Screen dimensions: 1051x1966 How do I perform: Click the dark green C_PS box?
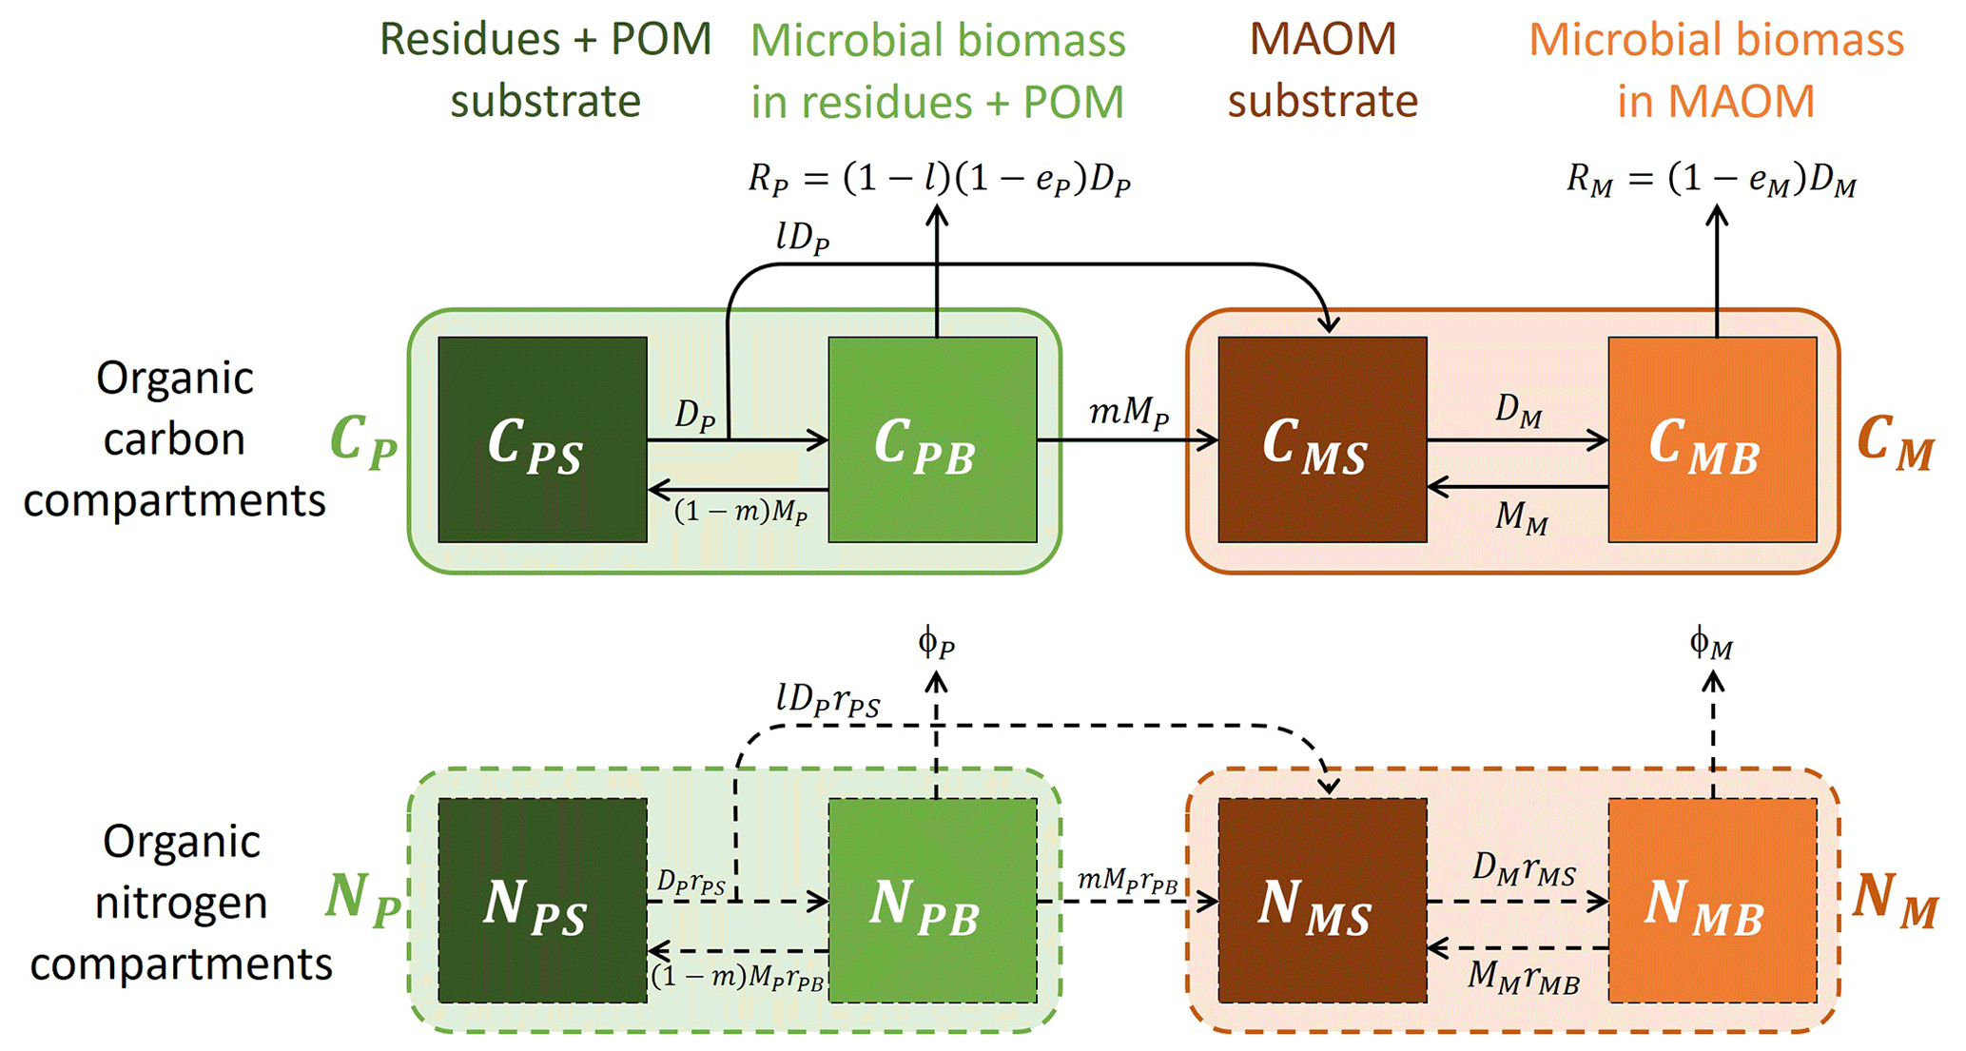[542, 439]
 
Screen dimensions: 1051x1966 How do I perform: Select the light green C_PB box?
[932, 439]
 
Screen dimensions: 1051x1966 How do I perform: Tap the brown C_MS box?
[1322, 439]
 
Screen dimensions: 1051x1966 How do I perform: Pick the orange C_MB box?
[1712, 439]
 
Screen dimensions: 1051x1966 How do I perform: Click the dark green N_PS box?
[542, 900]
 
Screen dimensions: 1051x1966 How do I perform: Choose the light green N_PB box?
[932, 900]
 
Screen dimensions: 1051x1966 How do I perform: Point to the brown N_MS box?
[1322, 900]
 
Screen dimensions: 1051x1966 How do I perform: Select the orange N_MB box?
[1712, 900]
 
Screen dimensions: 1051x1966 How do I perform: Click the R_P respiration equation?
[939, 179]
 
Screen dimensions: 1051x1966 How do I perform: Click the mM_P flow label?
[1129, 414]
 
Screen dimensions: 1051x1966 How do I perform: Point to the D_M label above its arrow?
[1518, 411]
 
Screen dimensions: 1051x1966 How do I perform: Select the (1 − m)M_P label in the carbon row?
[741, 513]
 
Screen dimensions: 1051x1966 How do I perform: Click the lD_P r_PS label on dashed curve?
[827, 702]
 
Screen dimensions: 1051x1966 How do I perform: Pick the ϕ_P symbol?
[937, 644]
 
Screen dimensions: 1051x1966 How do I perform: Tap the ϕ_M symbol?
[1711, 645]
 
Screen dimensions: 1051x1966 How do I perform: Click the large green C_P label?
[362, 441]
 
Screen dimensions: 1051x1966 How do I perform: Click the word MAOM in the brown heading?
[1322, 40]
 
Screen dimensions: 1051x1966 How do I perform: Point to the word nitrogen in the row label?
[181, 902]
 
